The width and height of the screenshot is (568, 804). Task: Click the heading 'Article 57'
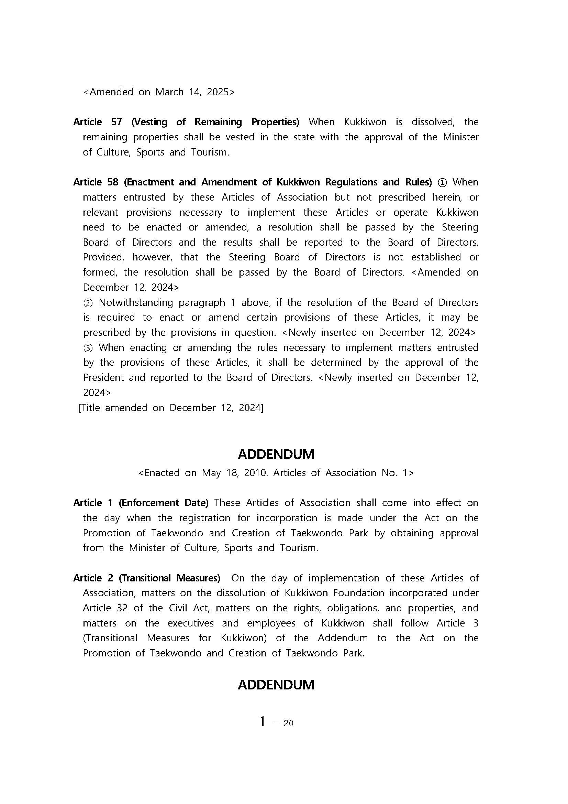97,122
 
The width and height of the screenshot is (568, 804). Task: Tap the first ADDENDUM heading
276,454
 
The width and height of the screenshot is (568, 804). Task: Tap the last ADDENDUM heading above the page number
276,685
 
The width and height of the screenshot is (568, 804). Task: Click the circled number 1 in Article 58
442,182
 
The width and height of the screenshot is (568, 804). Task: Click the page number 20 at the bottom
288,723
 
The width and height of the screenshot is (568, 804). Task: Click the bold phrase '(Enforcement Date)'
163,503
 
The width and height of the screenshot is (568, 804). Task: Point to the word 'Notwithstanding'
136,302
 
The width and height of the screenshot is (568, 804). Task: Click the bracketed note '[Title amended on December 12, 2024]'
171,408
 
